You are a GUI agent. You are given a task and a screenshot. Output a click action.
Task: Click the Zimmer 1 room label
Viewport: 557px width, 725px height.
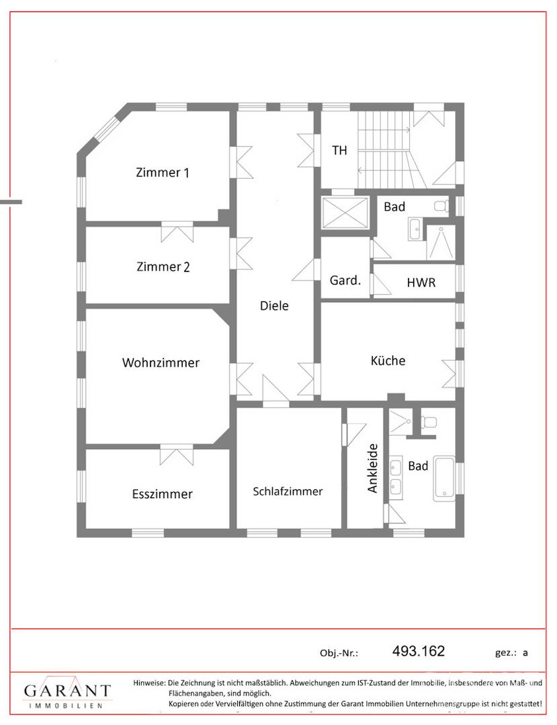point(163,173)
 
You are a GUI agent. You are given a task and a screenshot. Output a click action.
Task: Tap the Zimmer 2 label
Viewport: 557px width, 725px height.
point(163,267)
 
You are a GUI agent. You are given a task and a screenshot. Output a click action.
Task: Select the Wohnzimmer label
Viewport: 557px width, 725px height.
point(161,362)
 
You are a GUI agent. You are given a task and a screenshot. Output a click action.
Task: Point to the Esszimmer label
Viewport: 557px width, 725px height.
point(162,494)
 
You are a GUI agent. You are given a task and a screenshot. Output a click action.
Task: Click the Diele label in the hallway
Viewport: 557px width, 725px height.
point(274,305)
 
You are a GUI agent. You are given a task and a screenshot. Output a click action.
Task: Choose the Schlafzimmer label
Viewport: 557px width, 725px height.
point(288,491)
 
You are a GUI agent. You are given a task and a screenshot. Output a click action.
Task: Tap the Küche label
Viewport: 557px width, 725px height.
point(388,360)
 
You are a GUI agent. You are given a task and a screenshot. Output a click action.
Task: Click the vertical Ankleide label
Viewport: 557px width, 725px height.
point(373,468)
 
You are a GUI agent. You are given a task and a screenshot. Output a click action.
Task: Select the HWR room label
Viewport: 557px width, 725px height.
point(421,283)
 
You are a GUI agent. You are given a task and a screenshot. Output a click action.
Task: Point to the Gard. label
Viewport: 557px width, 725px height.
point(345,281)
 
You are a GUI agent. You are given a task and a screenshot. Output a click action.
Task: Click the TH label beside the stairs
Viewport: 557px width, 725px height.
point(340,150)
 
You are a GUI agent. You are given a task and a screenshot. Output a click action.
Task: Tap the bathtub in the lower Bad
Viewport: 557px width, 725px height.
point(444,477)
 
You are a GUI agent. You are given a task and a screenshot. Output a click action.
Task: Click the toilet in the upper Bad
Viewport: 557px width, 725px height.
point(441,205)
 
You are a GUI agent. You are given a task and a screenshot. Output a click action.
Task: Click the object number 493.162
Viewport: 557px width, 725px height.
point(418,650)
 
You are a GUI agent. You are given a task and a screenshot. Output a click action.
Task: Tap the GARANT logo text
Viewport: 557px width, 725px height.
point(67,691)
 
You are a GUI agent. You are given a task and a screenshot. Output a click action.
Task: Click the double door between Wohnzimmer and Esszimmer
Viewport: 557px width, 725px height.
point(177,454)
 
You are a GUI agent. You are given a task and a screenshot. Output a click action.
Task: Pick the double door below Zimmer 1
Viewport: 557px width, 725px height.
point(177,232)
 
